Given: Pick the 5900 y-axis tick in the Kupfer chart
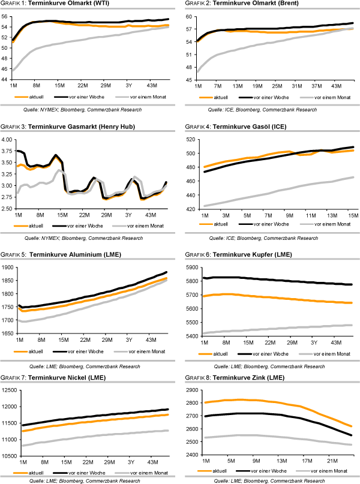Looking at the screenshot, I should [x=191, y=267].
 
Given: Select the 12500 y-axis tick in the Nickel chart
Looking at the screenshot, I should [x=9, y=390].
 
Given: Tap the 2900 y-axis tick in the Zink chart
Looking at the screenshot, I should [x=191, y=390].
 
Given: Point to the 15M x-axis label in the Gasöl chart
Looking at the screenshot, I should [x=352, y=214].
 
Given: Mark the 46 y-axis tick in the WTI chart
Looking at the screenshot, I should [x=6, y=69].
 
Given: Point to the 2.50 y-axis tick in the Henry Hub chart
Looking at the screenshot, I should [x=7, y=209].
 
